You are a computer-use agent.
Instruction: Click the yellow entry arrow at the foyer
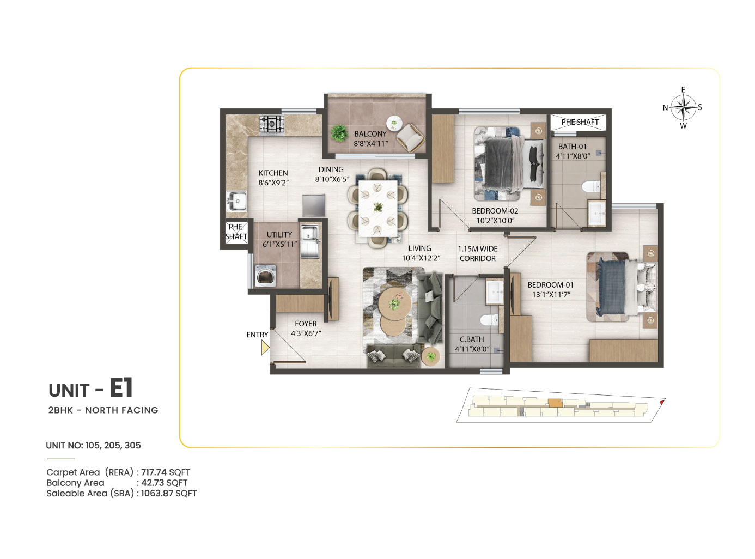pos(265,348)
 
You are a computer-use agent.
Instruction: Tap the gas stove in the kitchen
pos(272,124)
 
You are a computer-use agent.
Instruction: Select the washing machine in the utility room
pos(265,276)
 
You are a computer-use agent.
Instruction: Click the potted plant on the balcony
pos(339,133)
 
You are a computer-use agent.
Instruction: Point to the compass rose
pos(683,107)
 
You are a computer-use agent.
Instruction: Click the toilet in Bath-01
pos(591,186)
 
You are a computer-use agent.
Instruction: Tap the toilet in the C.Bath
pos(489,320)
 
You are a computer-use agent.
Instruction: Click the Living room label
pos(419,248)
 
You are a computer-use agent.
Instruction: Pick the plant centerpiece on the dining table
pos(378,206)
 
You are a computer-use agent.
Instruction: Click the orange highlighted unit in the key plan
pos(555,403)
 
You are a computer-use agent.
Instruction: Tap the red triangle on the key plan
pos(661,403)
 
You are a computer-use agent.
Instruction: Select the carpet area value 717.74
pos(154,472)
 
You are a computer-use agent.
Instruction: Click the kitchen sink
pos(237,201)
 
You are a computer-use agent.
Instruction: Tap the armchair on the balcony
pos(411,137)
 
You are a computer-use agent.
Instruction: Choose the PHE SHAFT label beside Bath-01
pos(580,122)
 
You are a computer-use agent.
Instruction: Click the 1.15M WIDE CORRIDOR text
pos(478,254)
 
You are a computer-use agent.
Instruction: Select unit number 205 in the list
pos(111,445)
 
